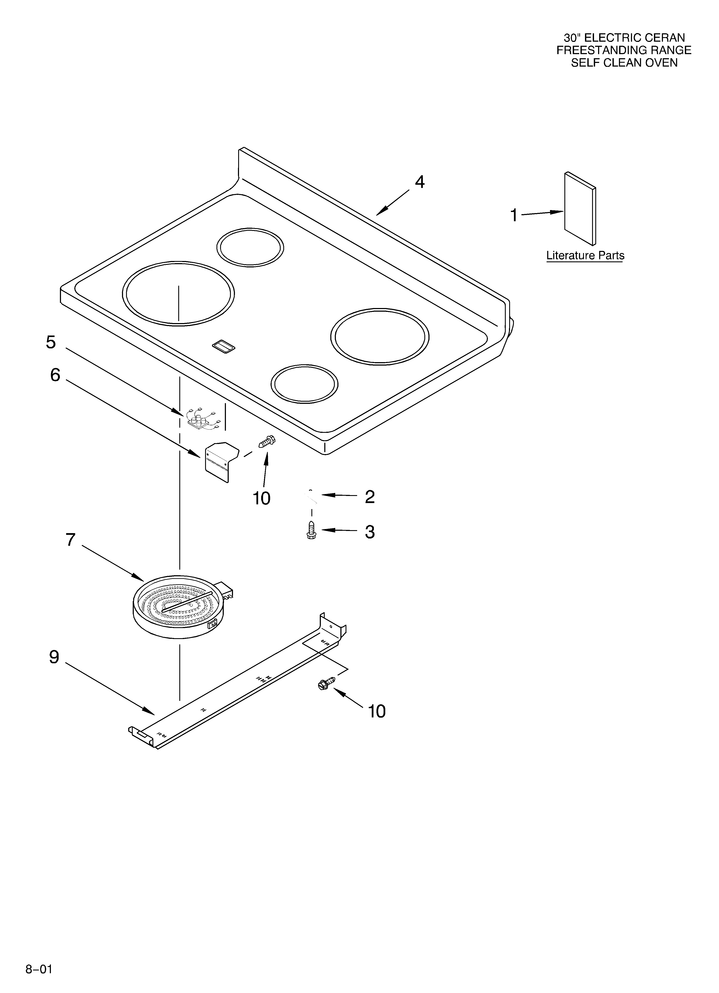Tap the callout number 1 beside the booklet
(x=514, y=215)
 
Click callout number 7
(x=70, y=540)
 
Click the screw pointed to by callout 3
(x=311, y=530)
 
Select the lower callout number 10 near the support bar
(x=377, y=711)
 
